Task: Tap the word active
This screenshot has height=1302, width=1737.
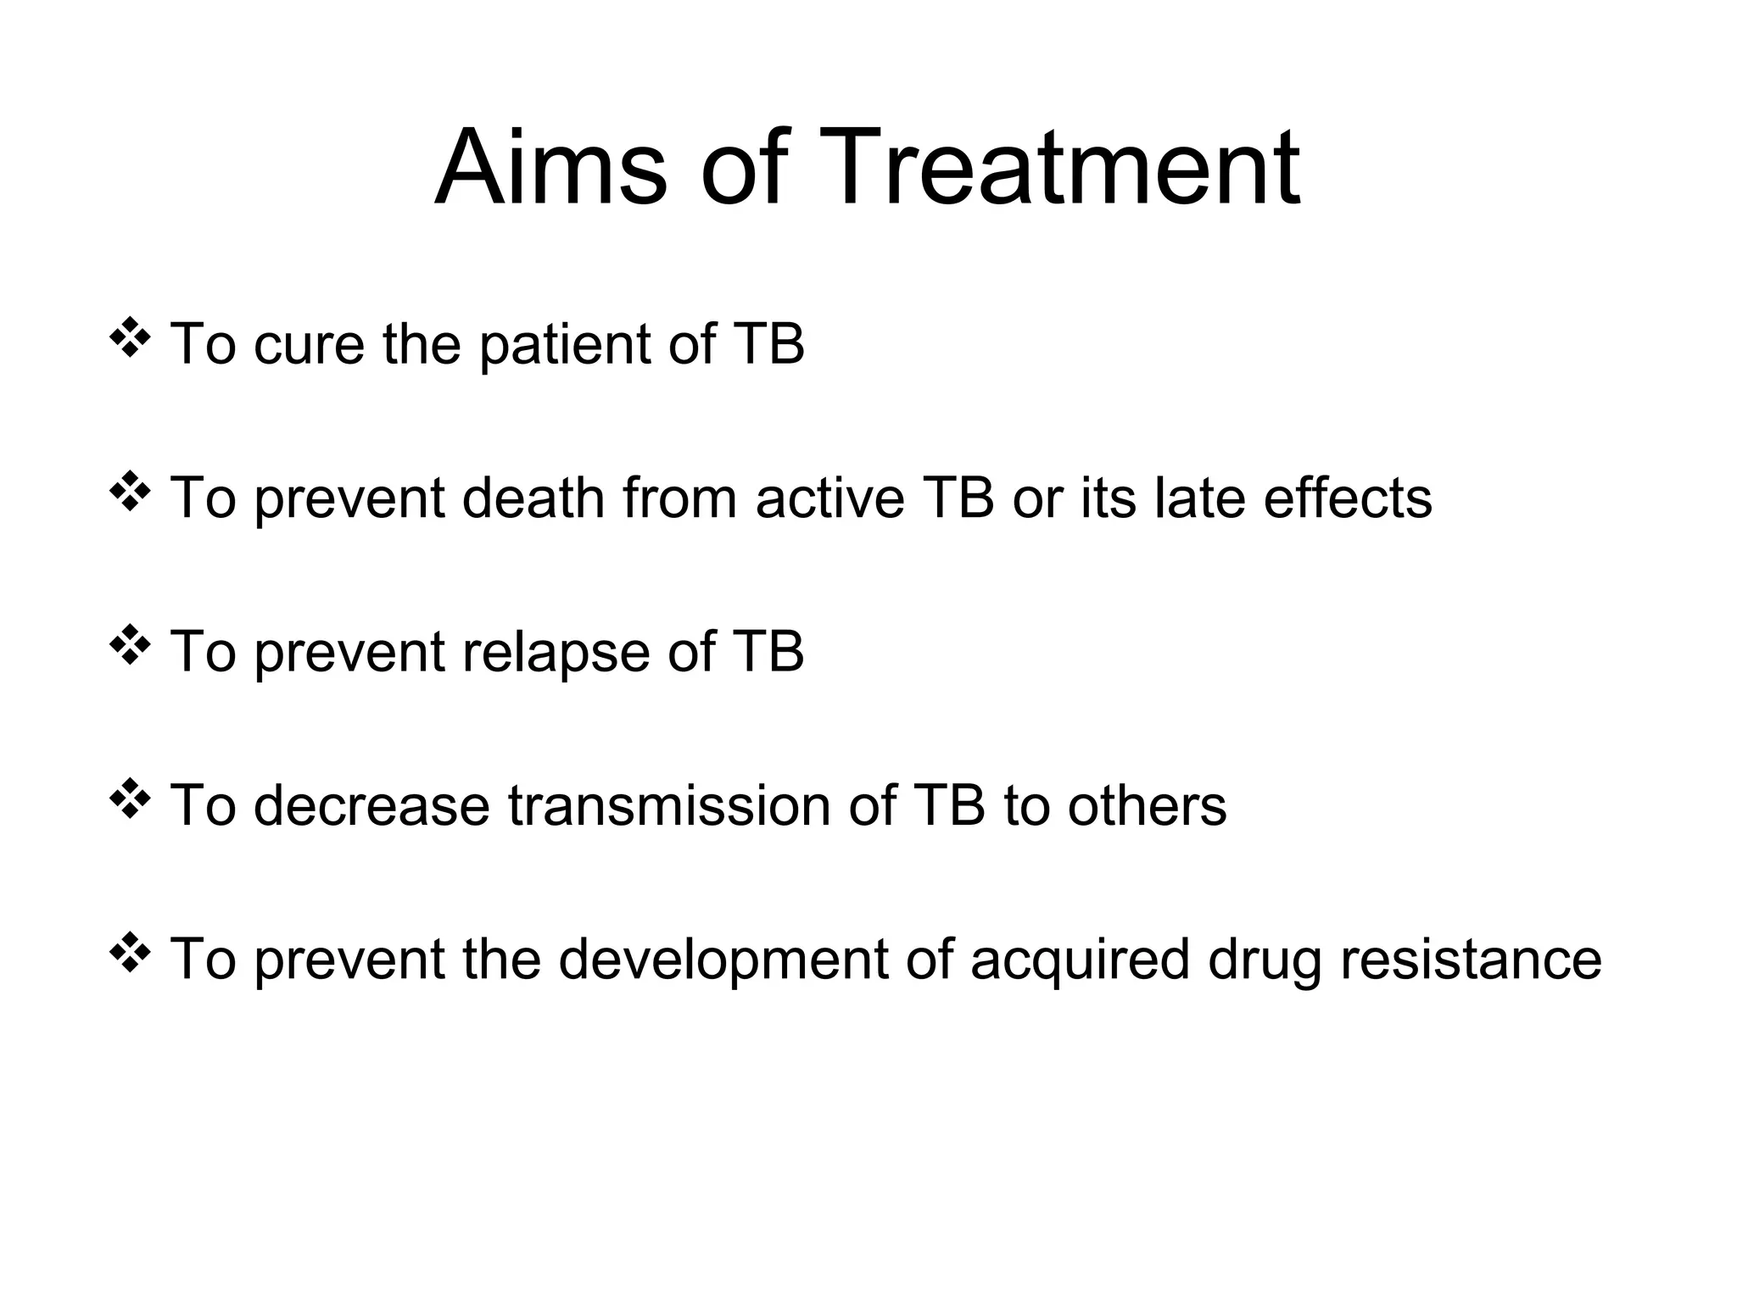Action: [830, 498]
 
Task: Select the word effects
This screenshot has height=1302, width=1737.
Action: [1348, 498]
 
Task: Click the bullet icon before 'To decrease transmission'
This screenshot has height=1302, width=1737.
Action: [130, 798]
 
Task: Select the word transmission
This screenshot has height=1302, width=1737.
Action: [669, 806]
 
